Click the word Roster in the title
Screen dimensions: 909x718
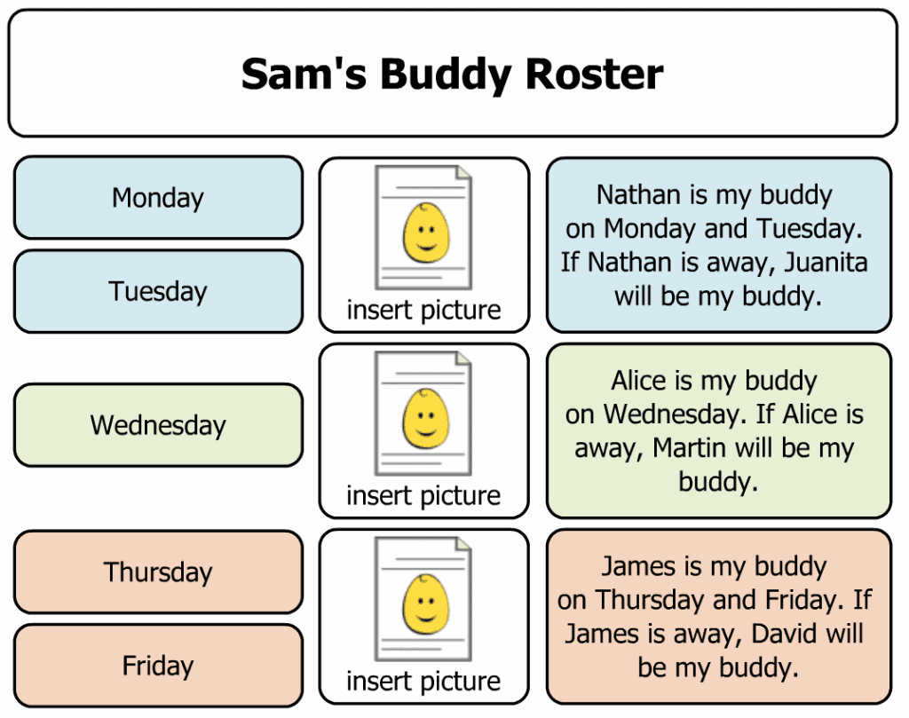point(594,75)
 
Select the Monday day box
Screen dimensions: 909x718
point(158,198)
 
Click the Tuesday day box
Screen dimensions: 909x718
point(158,291)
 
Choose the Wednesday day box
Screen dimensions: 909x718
point(158,425)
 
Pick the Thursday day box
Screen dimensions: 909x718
point(158,572)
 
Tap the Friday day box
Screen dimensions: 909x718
point(158,666)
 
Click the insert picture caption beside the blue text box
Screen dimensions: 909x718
point(423,310)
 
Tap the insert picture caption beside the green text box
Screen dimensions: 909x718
point(423,496)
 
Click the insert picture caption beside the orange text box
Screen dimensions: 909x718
point(423,682)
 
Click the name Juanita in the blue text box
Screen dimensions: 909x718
point(826,262)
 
